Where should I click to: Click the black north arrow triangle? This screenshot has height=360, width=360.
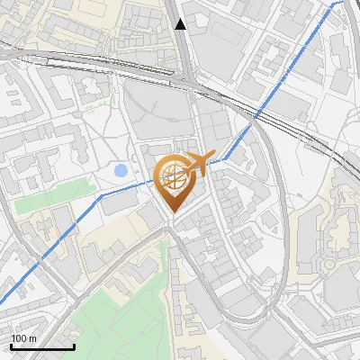click(181, 24)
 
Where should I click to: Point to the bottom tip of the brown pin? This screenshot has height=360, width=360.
click(171, 212)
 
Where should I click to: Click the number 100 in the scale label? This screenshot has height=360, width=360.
click(18, 338)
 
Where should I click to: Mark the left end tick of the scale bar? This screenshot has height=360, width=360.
click(11, 346)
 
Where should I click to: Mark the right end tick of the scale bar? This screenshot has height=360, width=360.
click(74, 346)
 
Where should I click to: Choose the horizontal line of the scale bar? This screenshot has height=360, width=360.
click(42, 347)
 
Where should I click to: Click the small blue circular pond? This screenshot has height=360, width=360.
click(121, 170)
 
